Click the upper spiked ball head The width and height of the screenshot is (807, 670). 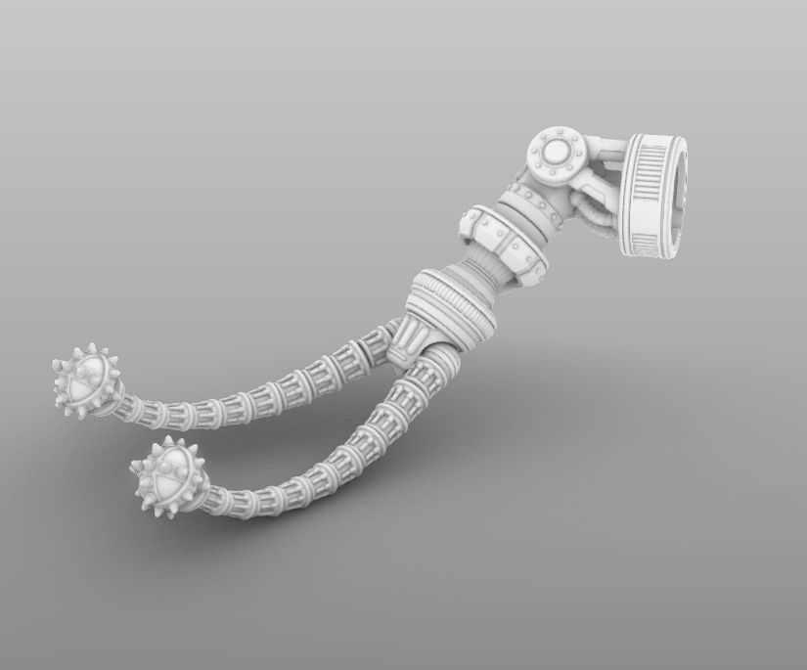(x=86, y=380)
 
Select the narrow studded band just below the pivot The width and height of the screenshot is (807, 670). (x=528, y=200)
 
